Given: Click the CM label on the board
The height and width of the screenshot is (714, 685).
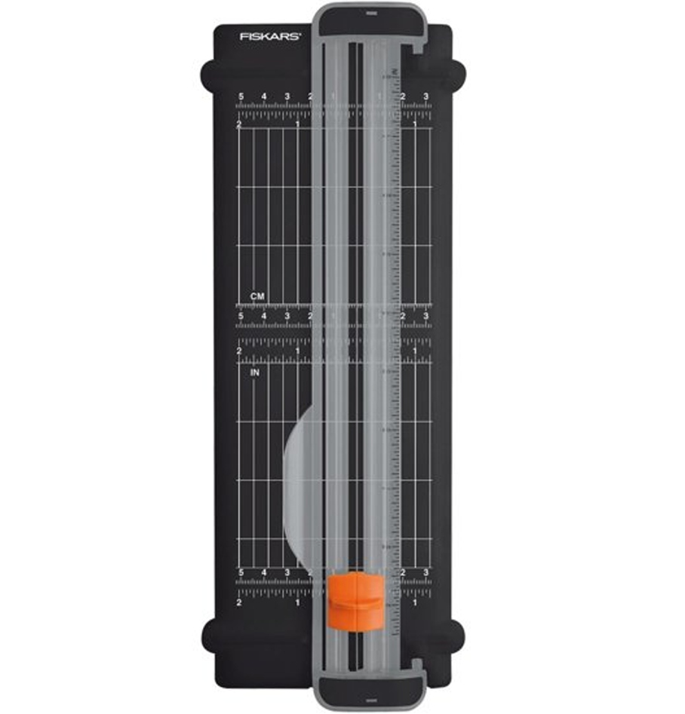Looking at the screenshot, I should coord(256,296).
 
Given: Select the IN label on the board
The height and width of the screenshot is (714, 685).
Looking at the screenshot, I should coord(255,372).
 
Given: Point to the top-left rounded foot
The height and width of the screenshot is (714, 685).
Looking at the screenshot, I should coord(210,75).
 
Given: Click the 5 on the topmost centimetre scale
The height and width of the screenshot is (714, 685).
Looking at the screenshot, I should coord(241,97).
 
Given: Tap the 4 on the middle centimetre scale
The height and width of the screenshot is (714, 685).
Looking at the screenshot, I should coord(264,316).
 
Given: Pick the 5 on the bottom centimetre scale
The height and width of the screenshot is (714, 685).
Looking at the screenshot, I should coord(241,573).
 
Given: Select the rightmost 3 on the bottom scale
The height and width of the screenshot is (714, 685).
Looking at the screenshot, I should coord(425,573).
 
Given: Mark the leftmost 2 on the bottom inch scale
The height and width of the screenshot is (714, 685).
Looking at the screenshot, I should coord(239,602).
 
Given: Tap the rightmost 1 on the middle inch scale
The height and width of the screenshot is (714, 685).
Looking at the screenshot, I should coord(415,351).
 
